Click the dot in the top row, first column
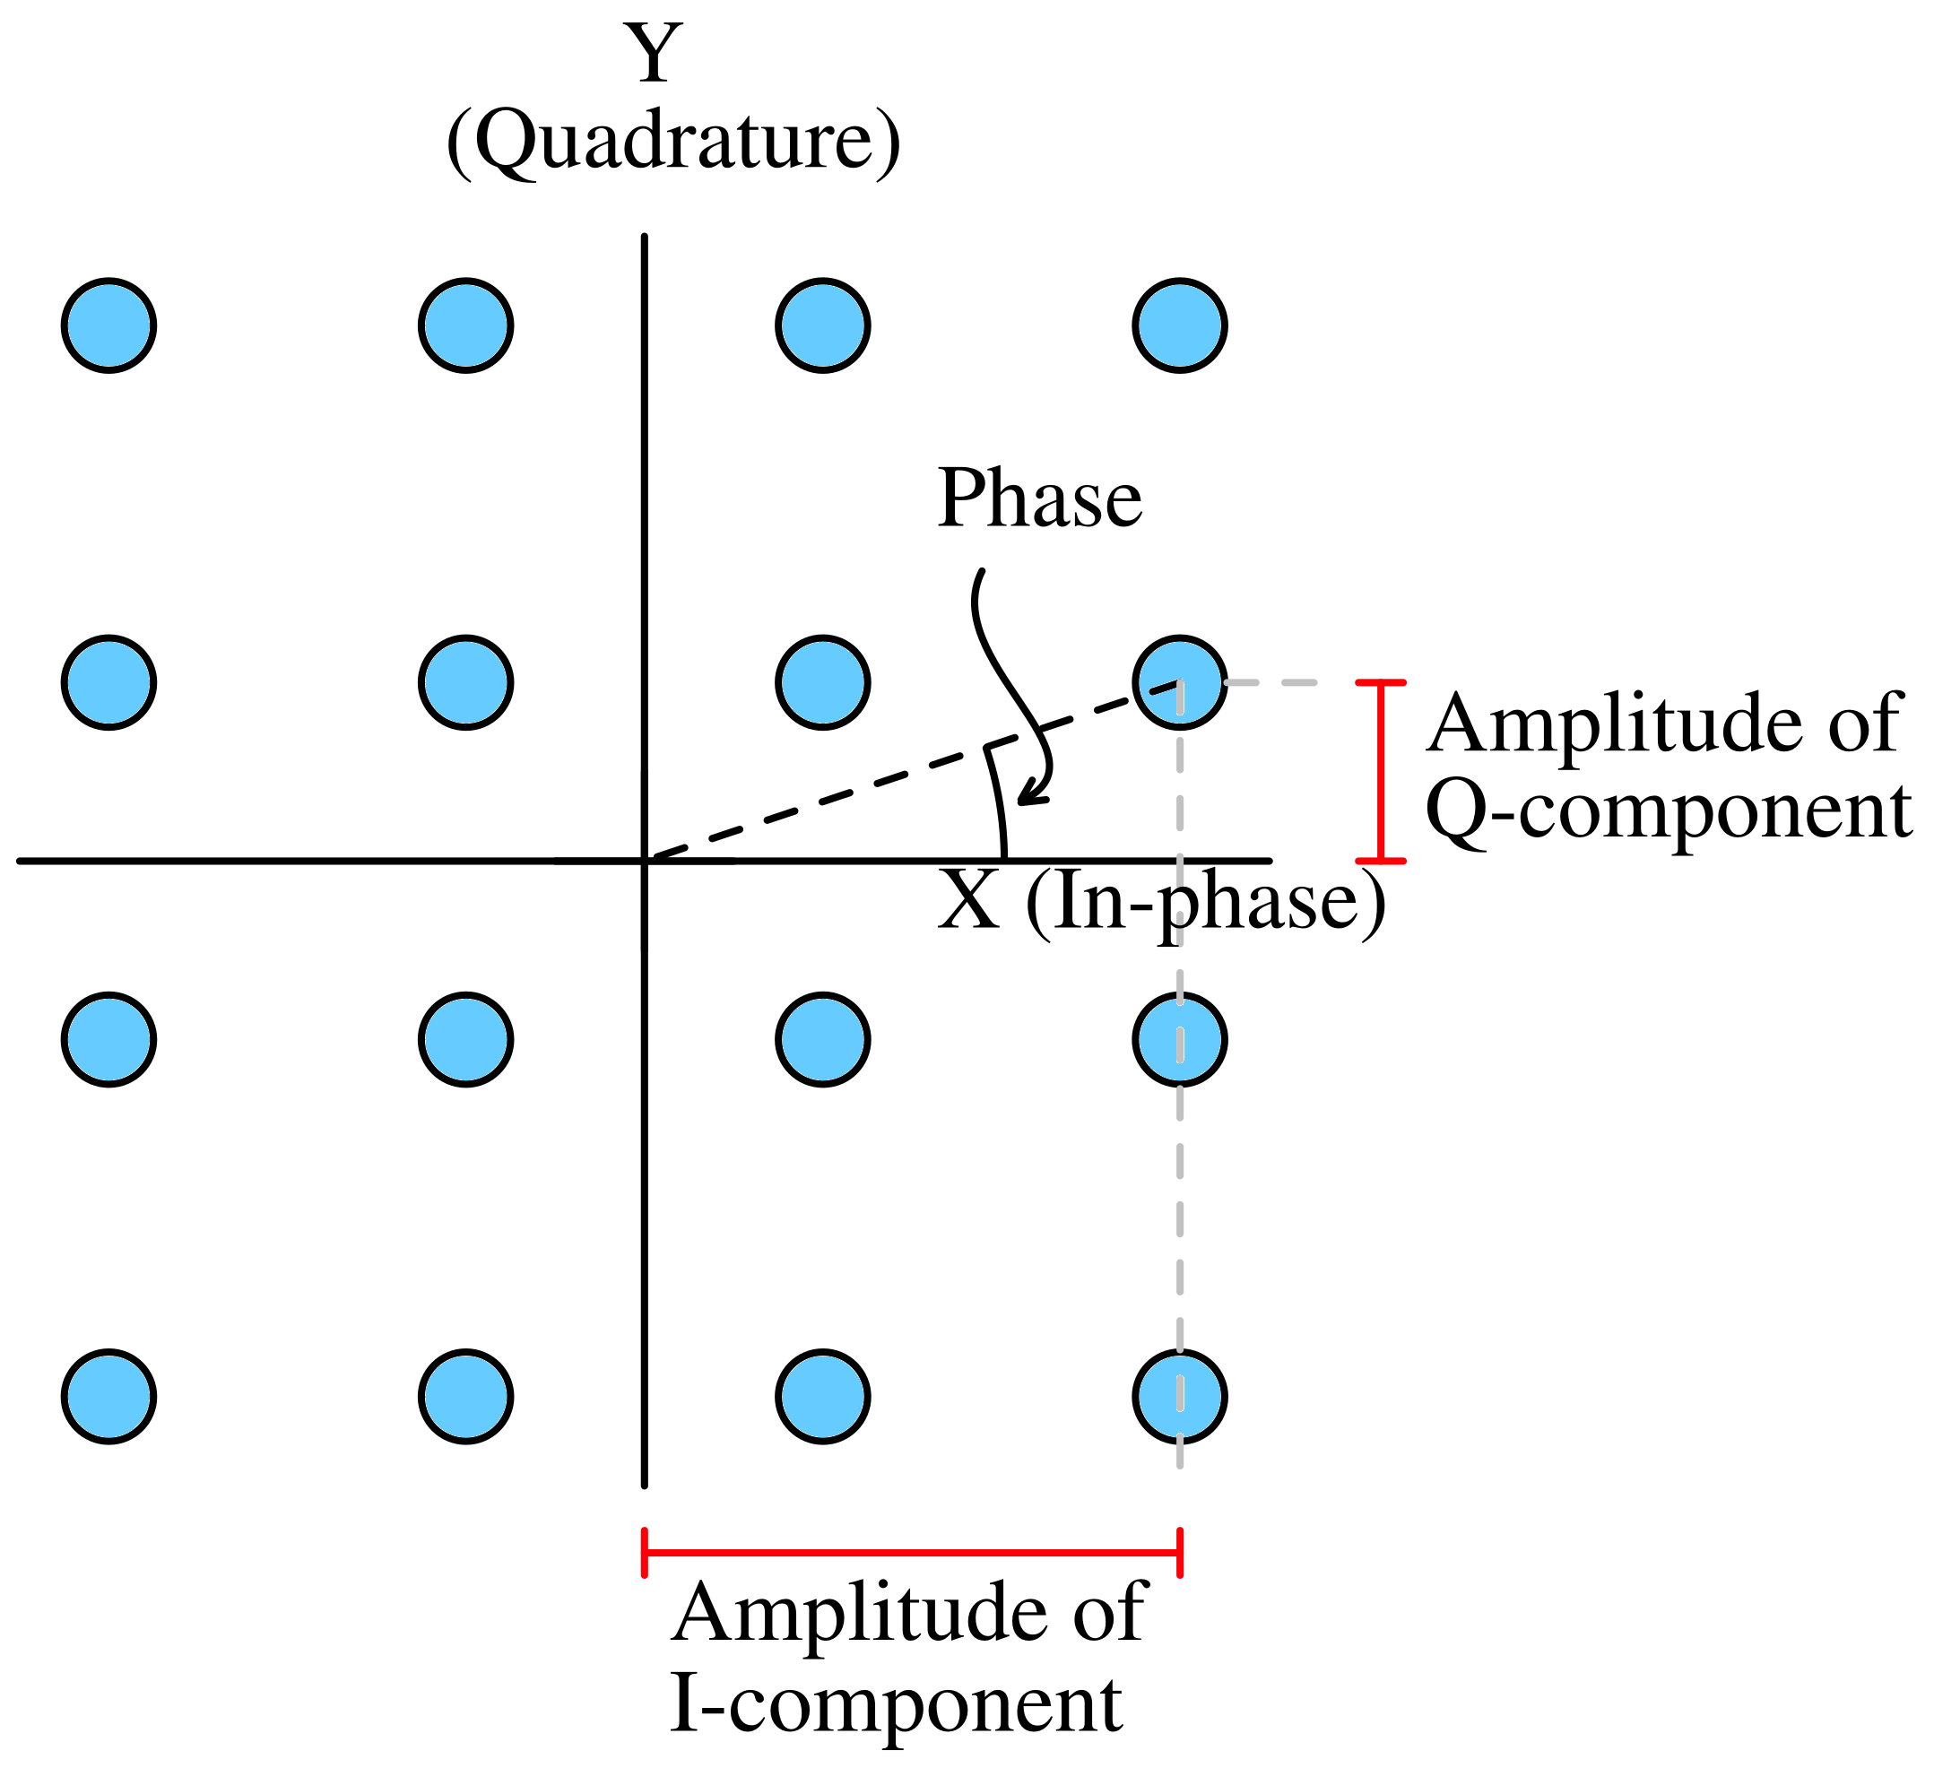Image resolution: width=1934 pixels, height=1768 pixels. pyautogui.click(x=108, y=325)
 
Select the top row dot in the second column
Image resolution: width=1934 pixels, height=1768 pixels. pyautogui.click(x=465, y=325)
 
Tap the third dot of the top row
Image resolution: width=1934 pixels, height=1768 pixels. pyautogui.click(x=822, y=325)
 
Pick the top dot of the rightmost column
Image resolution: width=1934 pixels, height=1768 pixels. pyautogui.click(x=1179, y=325)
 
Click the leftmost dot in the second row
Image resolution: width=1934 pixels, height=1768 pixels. pyautogui.click(x=108, y=682)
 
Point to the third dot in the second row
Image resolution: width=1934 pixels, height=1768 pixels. pyautogui.click(x=822, y=682)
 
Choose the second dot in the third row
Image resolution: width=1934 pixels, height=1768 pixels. pyautogui.click(x=465, y=1039)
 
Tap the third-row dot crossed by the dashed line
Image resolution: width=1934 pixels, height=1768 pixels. pyautogui.click(x=1179, y=1039)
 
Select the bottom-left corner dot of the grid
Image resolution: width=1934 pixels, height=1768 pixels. pyautogui.click(x=108, y=1396)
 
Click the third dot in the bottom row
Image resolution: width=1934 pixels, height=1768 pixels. pyautogui.click(x=822, y=1396)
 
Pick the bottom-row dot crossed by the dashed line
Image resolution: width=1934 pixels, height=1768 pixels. pyautogui.click(x=1179, y=1396)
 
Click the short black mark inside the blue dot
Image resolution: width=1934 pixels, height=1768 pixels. pyautogui.click(x=1165, y=687)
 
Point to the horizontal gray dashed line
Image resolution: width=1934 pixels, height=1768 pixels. pyautogui.click(x=1271, y=682)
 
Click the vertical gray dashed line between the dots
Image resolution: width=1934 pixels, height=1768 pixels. pyautogui.click(x=1179, y=863)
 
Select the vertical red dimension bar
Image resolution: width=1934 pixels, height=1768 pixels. pyautogui.click(x=1381, y=772)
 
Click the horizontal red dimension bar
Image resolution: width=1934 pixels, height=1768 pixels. pyautogui.click(x=911, y=1552)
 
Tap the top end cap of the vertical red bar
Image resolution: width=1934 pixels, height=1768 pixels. pyautogui.click(x=1381, y=683)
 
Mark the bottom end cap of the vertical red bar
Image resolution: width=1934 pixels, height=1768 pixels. pyautogui.click(x=1381, y=862)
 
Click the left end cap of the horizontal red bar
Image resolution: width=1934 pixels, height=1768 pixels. pyautogui.click(x=644, y=1552)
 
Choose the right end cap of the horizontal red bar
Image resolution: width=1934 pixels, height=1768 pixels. pyautogui.click(x=1179, y=1552)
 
